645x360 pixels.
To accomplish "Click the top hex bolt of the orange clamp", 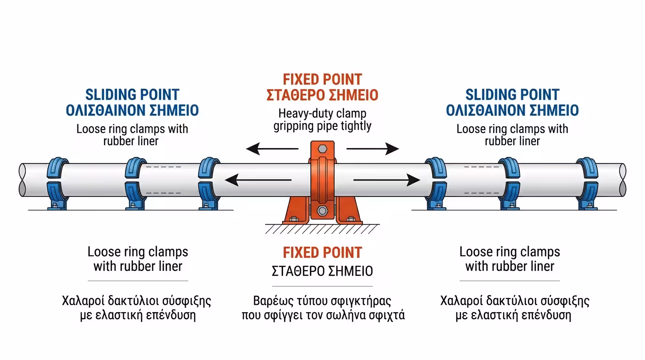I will (322, 149).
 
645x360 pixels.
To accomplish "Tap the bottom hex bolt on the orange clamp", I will (322, 210).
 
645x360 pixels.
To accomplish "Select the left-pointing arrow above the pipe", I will (272, 150).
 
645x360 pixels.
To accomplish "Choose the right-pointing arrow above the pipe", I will (373, 150).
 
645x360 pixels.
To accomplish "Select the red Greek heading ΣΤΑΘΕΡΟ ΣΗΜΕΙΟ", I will (322, 95).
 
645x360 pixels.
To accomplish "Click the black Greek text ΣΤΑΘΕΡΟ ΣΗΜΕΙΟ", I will (322, 271).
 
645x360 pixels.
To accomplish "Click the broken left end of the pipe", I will (22, 180).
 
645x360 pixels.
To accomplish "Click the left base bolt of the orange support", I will (294, 219).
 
